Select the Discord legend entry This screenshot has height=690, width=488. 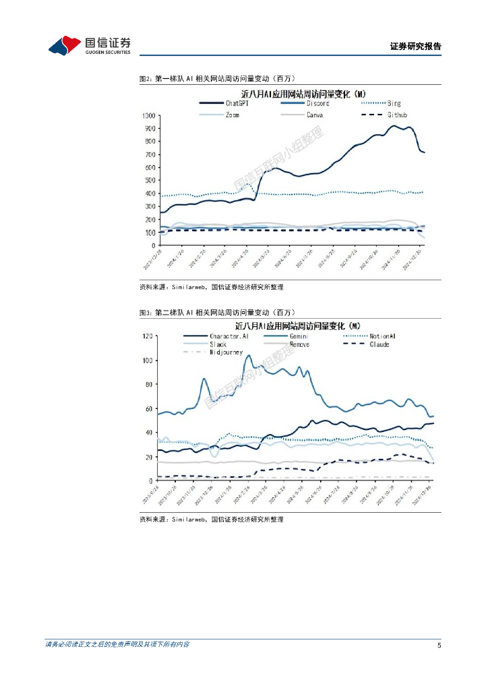(318, 103)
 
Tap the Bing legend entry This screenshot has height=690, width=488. (394, 103)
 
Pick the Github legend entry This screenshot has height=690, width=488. (397, 115)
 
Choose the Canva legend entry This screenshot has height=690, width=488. (314, 115)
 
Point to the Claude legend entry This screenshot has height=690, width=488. (379, 344)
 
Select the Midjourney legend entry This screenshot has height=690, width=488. (226, 352)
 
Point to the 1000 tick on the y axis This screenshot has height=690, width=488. (148, 115)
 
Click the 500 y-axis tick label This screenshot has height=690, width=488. (150, 181)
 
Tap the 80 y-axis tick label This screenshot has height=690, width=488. (152, 385)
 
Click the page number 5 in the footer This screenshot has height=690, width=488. (439, 646)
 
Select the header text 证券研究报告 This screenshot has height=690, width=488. (415, 46)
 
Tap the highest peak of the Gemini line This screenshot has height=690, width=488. (248, 355)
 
